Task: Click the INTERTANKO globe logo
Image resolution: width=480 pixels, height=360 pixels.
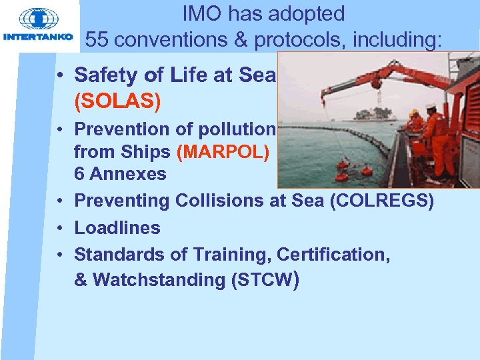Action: [39, 19]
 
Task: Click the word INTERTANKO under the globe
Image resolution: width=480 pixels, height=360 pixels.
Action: [39, 37]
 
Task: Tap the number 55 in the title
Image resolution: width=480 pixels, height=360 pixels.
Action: [97, 39]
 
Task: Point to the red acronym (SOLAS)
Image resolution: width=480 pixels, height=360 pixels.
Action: [118, 102]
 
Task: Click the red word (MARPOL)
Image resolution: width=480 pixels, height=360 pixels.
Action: [223, 153]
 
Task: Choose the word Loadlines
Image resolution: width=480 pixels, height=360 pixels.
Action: [117, 228]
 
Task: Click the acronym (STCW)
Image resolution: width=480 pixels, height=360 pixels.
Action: [264, 280]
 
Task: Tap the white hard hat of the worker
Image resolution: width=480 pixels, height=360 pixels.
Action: [431, 107]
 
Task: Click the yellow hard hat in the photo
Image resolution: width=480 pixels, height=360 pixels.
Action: [414, 112]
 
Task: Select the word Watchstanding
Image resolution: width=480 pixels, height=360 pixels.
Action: [159, 280]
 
